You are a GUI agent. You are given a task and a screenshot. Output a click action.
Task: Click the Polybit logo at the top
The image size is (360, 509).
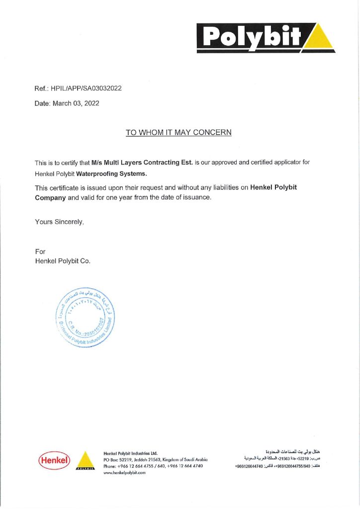(266, 37)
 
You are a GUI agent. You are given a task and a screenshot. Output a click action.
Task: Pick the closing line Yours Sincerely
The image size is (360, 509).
(59, 221)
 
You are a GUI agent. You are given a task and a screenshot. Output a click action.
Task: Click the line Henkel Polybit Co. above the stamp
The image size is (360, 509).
(63, 261)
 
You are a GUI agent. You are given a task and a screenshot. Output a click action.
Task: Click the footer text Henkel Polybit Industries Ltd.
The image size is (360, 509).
(130, 453)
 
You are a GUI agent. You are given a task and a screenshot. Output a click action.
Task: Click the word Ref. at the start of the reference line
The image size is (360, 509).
(40, 88)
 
